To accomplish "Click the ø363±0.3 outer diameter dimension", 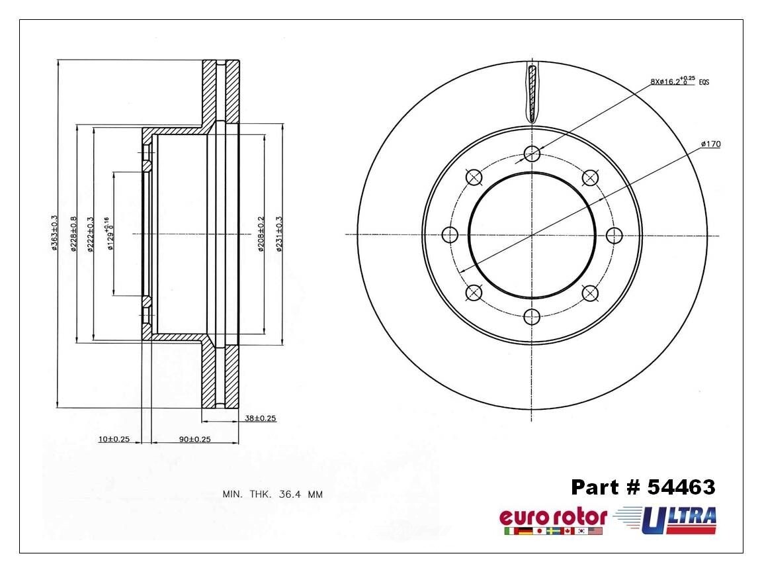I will [x=54, y=233].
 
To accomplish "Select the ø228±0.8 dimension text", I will [x=73, y=233].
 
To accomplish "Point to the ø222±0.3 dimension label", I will [x=89, y=233].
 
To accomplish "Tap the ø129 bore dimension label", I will [x=109, y=234].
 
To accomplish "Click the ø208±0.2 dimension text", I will [x=261, y=233].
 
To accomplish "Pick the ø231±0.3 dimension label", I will [x=279, y=233].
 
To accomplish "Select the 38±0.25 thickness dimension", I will [x=260, y=418].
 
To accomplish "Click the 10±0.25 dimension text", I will [x=114, y=439].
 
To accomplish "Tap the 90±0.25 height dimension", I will [x=195, y=439].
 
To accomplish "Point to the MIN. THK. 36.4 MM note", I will [x=272, y=494].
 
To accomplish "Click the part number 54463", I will [x=643, y=488].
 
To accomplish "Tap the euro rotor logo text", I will [x=552, y=516].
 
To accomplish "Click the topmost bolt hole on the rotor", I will [x=532, y=154].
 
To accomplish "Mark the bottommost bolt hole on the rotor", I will [x=532, y=316].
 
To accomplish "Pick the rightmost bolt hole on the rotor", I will [x=614, y=235].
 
